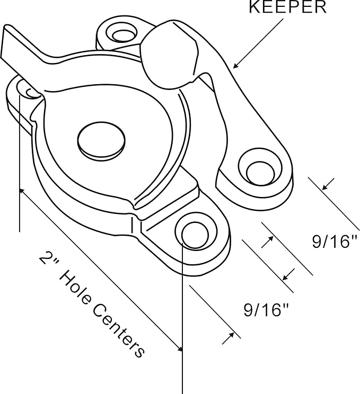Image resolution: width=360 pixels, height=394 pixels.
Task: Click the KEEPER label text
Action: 287,7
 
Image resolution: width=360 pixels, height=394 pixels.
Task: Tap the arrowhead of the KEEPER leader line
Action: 235,67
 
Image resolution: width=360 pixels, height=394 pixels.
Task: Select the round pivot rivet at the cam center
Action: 101,140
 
